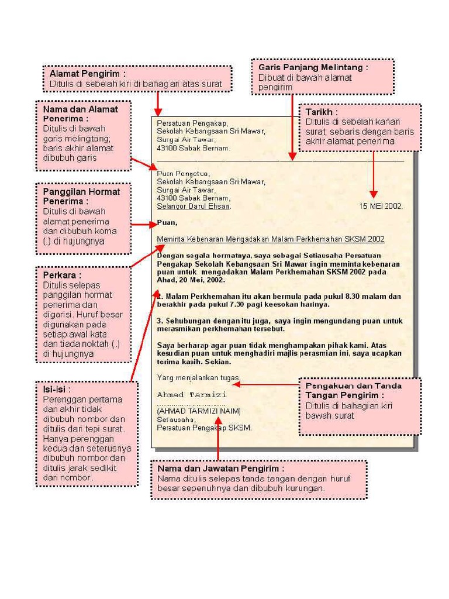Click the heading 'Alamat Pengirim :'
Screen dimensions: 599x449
[87, 74]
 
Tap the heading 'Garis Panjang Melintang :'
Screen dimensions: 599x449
[313, 67]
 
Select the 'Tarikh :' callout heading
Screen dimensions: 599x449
[322, 112]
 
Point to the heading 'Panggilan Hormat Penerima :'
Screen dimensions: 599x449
[81, 196]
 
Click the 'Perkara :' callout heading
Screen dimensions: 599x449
[62, 275]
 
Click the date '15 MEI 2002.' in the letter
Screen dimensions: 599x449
[381, 206]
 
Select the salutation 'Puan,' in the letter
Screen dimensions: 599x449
[167, 222]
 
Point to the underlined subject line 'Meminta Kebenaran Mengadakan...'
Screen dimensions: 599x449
[271, 239]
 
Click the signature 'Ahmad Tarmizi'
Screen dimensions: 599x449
[192, 395]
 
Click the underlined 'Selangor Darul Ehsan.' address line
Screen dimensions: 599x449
[194, 206]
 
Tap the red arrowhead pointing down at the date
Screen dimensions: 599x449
[374, 194]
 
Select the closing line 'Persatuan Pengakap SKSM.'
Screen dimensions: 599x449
[204, 428]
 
